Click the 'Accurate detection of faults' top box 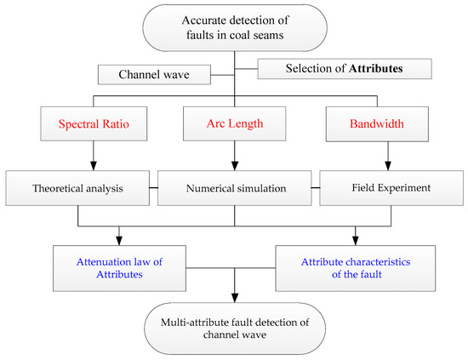tap(233, 29)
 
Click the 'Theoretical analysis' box tap(78, 185)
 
